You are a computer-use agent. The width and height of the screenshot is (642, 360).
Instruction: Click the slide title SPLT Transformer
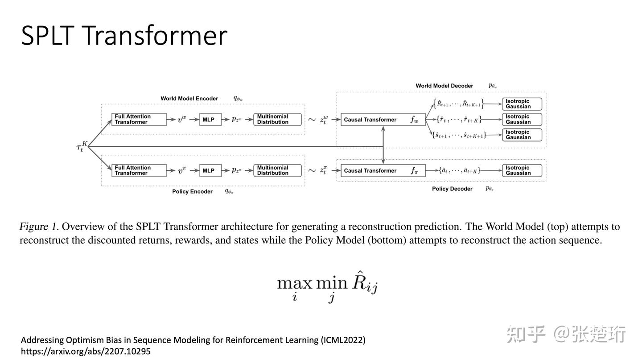[x=124, y=35]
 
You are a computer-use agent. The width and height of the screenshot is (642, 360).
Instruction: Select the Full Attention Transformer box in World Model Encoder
[x=139, y=120]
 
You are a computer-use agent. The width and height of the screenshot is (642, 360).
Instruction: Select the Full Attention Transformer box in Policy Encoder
[x=139, y=170]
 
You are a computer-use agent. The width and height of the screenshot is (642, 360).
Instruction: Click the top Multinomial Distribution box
[x=277, y=120]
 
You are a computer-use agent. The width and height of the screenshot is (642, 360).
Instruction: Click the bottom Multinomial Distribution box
[x=277, y=170]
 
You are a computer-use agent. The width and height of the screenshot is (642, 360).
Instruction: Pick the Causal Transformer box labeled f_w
[x=383, y=120]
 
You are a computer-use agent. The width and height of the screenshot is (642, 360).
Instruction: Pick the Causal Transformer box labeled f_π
[x=383, y=170]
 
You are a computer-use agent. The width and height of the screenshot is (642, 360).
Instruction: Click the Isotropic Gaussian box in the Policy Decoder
[x=522, y=170]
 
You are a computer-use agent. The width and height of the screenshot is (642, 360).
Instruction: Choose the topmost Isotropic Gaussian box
[x=522, y=104]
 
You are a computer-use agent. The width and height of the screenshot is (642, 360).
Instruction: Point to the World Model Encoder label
[x=189, y=99]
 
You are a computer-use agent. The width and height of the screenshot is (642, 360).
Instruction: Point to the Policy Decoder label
[x=452, y=189]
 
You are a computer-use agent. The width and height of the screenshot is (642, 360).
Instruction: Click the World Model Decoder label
[x=444, y=86]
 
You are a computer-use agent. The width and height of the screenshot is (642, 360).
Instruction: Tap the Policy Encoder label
[x=192, y=191]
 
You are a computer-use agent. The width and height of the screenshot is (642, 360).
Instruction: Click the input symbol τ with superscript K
[x=81, y=147]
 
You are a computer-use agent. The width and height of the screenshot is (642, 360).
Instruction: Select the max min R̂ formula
[x=327, y=286]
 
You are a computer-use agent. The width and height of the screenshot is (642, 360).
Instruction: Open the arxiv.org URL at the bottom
[x=86, y=352]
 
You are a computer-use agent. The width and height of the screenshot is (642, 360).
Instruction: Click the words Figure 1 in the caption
[x=39, y=227]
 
